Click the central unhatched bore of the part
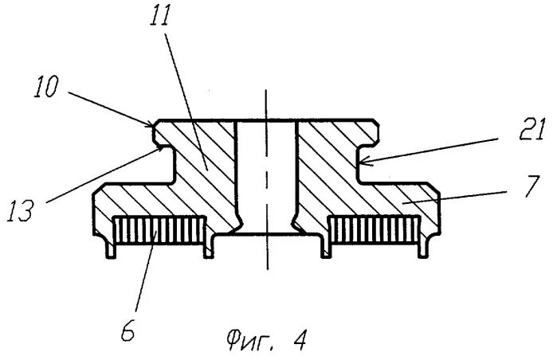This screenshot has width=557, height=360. pyautogui.click(x=267, y=175)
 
